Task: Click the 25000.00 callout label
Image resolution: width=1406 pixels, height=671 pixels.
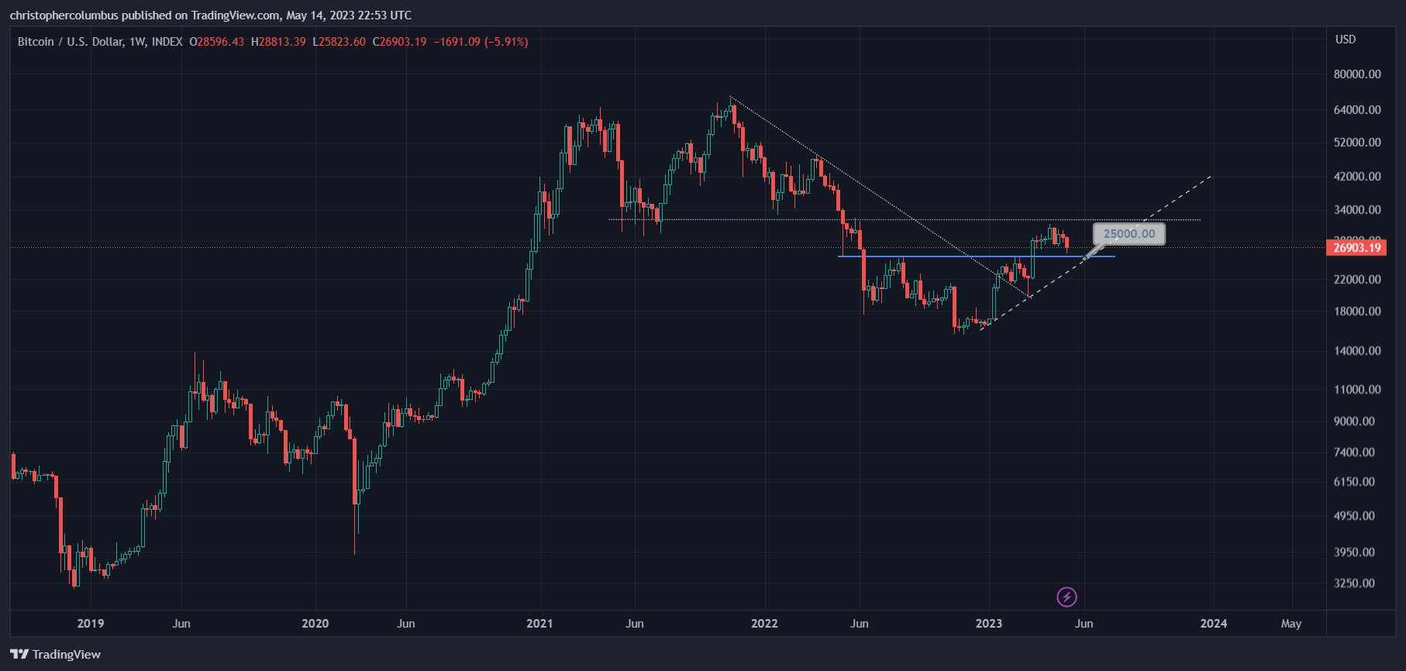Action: pyautogui.click(x=1129, y=234)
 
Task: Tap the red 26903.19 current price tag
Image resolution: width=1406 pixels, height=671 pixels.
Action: pyautogui.click(x=1356, y=248)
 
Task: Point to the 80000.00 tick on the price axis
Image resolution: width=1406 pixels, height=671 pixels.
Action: pyautogui.click(x=1356, y=74)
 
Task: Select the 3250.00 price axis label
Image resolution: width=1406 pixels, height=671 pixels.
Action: pyautogui.click(x=1354, y=583)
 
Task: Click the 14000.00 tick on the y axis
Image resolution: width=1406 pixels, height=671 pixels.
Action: pyautogui.click(x=1356, y=351)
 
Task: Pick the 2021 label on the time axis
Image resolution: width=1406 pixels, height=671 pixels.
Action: pyautogui.click(x=539, y=624)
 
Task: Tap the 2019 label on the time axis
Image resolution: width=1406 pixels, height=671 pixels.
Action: pyautogui.click(x=91, y=624)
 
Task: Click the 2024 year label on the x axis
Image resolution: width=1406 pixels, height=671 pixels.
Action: pyautogui.click(x=1213, y=624)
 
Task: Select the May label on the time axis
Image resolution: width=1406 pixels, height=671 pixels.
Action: pyautogui.click(x=1291, y=624)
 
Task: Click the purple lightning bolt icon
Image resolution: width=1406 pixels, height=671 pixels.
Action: pyautogui.click(x=1067, y=597)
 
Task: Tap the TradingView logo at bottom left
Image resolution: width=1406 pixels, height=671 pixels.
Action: pyautogui.click(x=56, y=655)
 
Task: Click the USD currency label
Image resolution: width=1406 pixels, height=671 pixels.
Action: pyautogui.click(x=1345, y=40)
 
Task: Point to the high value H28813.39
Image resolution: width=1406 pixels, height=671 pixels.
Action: pyautogui.click(x=278, y=42)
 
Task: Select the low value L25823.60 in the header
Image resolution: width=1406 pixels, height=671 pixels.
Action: pyautogui.click(x=339, y=42)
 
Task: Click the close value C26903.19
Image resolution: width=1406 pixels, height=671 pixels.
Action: pyautogui.click(x=399, y=42)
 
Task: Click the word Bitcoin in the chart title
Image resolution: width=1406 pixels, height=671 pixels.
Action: pyautogui.click(x=36, y=42)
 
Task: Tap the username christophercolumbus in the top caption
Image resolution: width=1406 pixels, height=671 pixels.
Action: pyautogui.click(x=64, y=15)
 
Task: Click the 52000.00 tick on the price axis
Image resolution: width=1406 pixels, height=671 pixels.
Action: pyautogui.click(x=1356, y=143)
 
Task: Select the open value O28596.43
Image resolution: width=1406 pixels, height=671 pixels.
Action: pyautogui.click(x=217, y=42)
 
